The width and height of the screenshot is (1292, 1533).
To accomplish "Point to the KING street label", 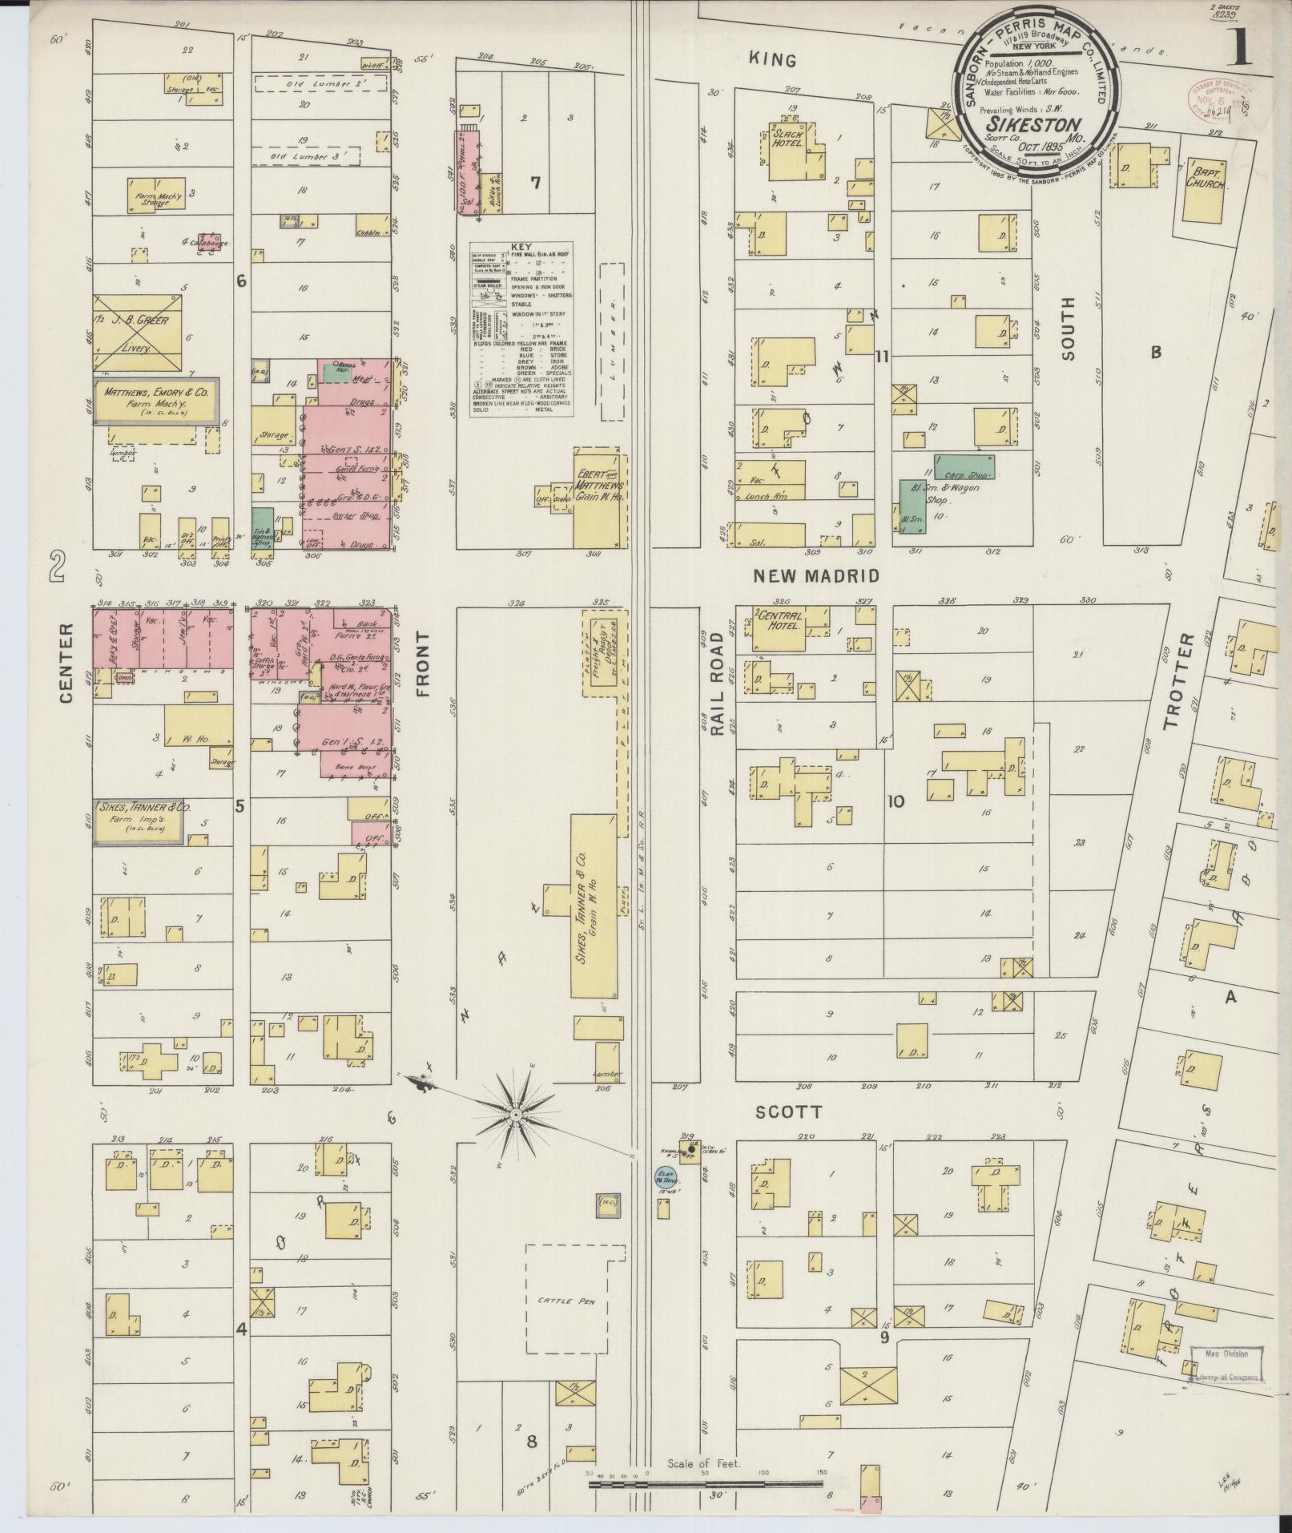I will click(x=772, y=59).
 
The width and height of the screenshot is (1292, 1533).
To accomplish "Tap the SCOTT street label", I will click(x=788, y=1113).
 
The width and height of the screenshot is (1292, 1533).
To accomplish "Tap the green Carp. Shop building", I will click(x=964, y=468).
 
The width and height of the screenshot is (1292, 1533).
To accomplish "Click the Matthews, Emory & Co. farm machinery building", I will click(x=155, y=401).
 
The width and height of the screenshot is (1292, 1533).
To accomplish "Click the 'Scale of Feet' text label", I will click(x=704, y=1463).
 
